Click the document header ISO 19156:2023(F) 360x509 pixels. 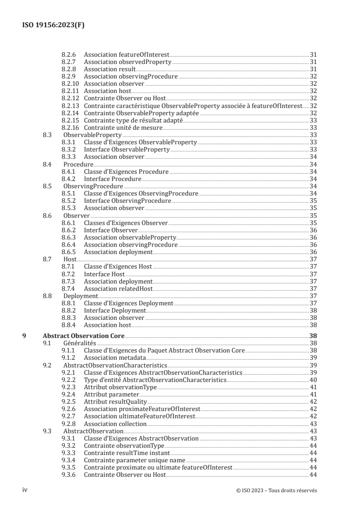54,25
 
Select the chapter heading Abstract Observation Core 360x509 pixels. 83,337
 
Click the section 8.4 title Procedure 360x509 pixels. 79,164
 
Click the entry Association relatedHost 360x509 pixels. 118,289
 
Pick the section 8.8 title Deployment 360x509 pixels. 81,296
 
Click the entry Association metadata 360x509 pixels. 115,358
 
